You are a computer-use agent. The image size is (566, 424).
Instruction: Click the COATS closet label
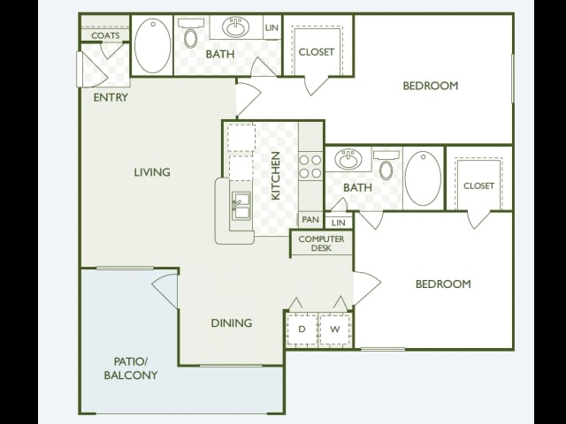pos(105,35)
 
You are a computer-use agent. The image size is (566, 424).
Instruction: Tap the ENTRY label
pos(111,97)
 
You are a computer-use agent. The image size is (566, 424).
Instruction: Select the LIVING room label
pos(152,172)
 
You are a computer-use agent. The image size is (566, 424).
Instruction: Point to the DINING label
pos(232,322)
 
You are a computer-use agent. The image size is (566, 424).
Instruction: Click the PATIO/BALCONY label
pos(131,368)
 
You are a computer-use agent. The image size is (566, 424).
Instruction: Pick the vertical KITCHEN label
pos(275,176)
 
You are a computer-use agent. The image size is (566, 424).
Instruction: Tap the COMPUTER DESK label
pos(321,244)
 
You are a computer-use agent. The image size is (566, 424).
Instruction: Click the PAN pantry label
pos(310,219)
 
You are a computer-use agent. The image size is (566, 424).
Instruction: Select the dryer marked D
pos(302,329)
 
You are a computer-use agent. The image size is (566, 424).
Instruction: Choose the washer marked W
pos(335,329)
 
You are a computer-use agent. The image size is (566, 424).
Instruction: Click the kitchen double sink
pos(241,206)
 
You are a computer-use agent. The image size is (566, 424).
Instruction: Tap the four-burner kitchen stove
pos(310,166)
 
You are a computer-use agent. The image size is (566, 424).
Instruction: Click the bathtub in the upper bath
pos(153,46)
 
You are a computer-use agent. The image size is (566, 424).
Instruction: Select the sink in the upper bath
pos(236,26)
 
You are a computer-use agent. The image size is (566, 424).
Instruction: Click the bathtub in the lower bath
pos(423,178)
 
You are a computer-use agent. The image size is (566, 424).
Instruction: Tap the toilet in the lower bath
pos(386,165)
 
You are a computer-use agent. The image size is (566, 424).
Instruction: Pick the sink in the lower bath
pos(348,159)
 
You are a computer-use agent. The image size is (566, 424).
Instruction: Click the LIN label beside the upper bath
pos(272,27)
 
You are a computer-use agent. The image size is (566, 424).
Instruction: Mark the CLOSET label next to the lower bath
pos(478,185)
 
